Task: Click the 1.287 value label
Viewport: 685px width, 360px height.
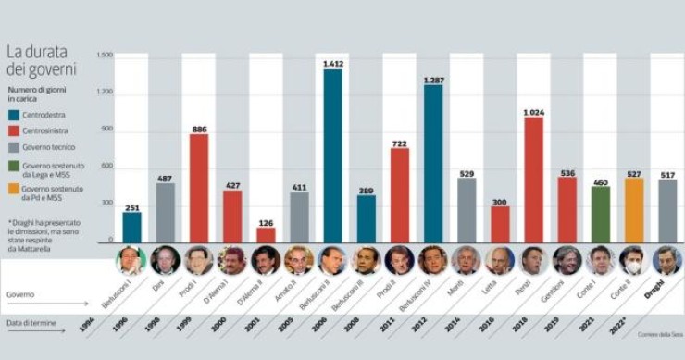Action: [x=432, y=80]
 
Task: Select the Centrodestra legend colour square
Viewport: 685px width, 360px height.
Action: [x=13, y=116]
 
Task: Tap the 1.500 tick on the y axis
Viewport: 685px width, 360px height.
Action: [x=104, y=55]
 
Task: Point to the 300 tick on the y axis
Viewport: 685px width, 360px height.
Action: [x=106, y=203]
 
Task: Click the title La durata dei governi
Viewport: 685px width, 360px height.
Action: [x=41, y=60]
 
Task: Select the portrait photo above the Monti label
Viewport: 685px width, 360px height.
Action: [x=466, y=260]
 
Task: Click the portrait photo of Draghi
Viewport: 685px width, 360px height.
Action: [x=666, y=260]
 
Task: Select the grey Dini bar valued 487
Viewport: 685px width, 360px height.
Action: [x=166, y=212]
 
